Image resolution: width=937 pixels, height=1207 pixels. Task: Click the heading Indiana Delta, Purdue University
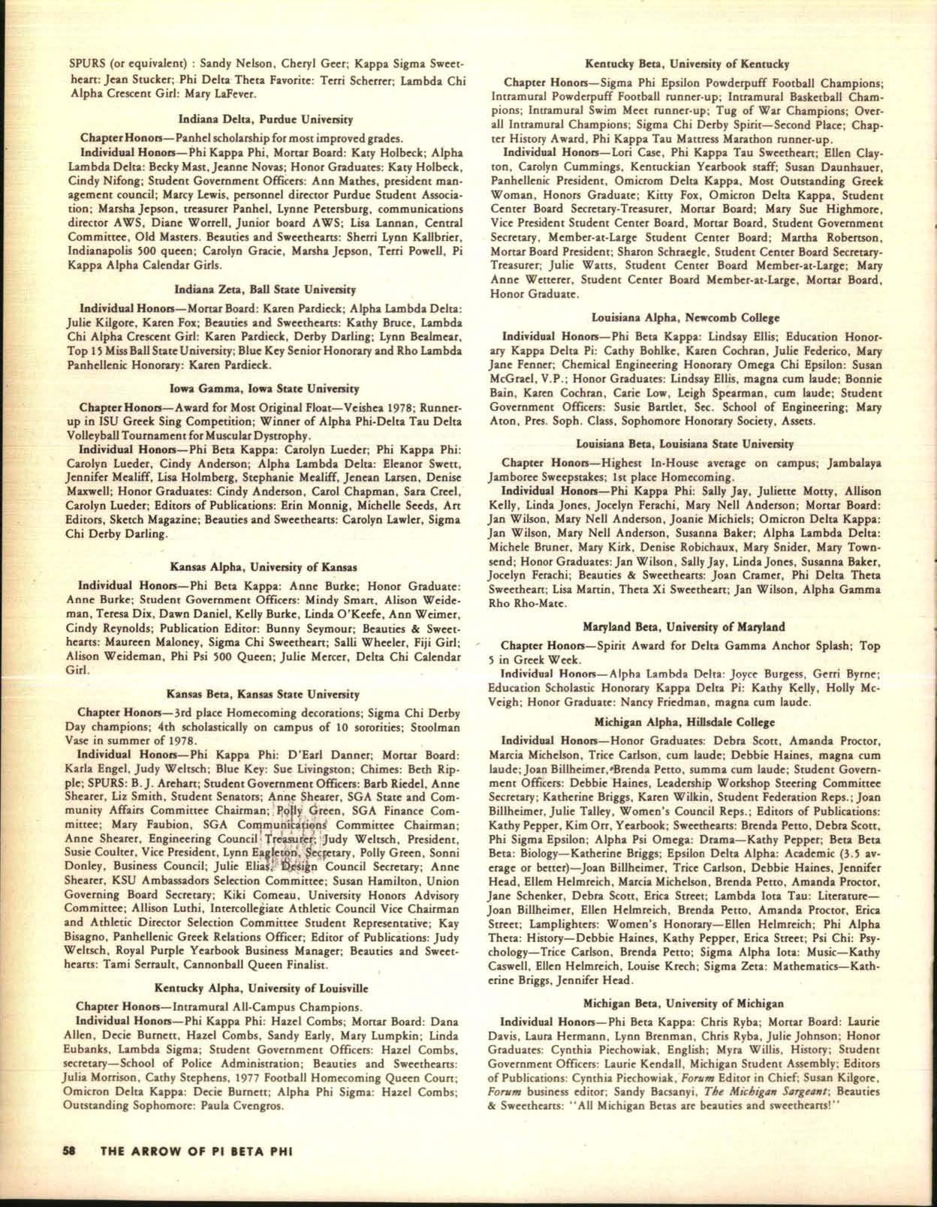pyautogui.click(x=265, y=119)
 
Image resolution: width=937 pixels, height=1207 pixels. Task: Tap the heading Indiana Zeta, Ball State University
pyautogui.click(x=265, y=290)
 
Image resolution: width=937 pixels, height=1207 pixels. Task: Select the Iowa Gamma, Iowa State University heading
pyautogui.click(x=265, y=389)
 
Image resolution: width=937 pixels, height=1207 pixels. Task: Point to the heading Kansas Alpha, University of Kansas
pyautogui.click(x=264, y=566)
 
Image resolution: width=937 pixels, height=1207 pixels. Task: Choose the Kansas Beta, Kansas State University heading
pyautogui.click(x=262, y=694)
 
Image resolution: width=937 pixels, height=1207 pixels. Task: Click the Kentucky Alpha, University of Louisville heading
pyautogui.click(x=261, y=988)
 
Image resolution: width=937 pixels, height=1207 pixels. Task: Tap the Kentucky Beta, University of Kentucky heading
pyautogui.click(x=686, y=65)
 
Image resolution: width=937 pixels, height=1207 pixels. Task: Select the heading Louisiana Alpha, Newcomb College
pyautogui.click(x=685, y=317)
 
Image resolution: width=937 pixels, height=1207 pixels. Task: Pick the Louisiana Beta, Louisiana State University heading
pyautogui.click(x=685, y=444)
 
